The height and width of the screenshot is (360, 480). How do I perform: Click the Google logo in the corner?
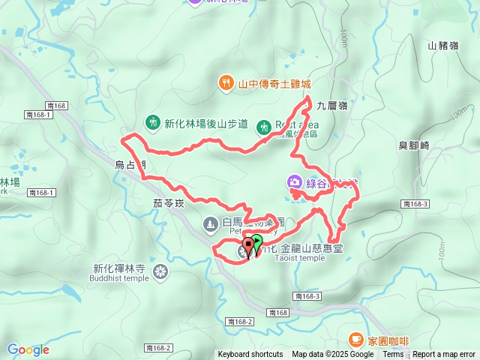click(28, 349)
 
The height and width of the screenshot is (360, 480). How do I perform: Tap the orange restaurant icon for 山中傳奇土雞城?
click(225, 82)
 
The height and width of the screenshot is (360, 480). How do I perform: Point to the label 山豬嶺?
click(442, 46)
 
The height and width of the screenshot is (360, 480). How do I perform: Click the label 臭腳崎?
click(413, 146)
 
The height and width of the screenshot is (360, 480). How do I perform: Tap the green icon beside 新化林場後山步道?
click(152, 122)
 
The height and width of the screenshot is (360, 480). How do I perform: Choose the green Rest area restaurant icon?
click(263, 127)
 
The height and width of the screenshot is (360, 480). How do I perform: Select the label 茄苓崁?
click(168, 202)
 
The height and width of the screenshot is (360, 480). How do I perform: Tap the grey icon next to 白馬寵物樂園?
click(210, 223)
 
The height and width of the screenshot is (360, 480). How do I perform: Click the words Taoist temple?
click(299, 258)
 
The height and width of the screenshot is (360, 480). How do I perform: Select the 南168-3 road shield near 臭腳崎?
click(414, 204)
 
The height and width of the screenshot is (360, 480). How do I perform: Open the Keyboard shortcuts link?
click(250, 355)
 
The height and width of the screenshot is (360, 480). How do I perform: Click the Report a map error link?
click(444, 355)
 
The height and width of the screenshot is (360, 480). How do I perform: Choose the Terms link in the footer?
click(393, 355)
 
